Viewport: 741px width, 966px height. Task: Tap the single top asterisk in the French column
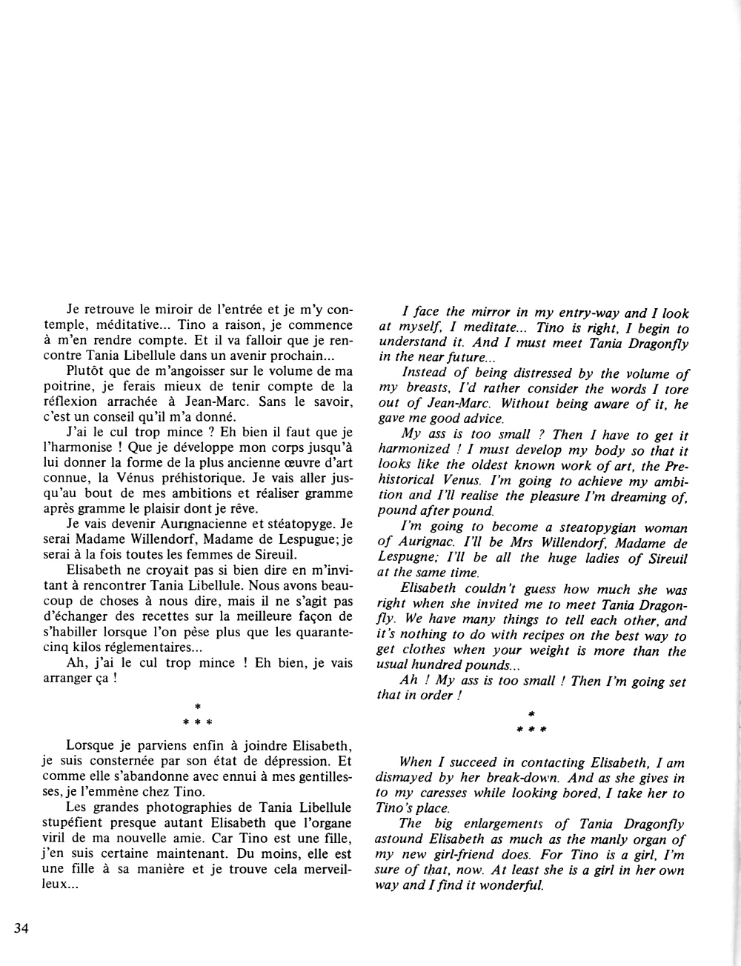click(x=197, y=707)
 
